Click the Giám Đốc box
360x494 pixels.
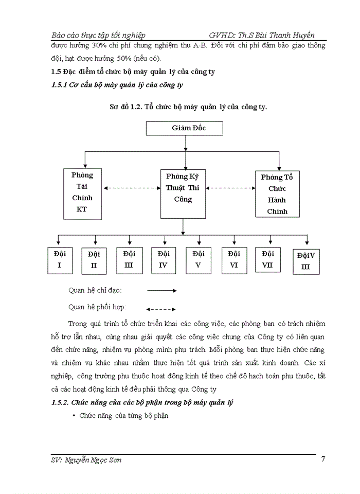coord(185,129)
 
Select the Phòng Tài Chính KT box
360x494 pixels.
coord(82,193)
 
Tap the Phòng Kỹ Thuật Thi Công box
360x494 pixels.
coord(183,193)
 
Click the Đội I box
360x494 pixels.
coord(59,260)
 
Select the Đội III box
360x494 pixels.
coord(129,260)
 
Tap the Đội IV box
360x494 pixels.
coord(164,260)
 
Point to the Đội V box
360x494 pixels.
coord(199,260)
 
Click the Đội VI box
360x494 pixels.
coord(234,260)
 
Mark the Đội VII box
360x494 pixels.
coord(268,260)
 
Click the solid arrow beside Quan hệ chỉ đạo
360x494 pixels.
coord(161,291)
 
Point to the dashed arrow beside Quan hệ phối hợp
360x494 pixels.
coord(161,309)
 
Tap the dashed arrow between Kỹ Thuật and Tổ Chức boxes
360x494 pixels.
coord(229,188)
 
